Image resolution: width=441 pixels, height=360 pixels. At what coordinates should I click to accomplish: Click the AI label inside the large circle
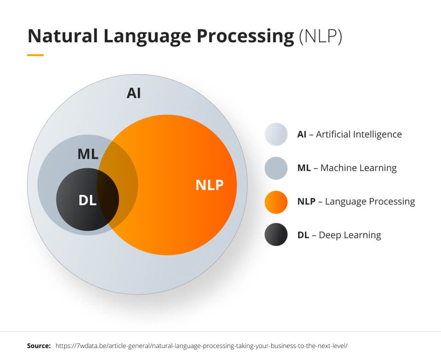click(x=134, y=93)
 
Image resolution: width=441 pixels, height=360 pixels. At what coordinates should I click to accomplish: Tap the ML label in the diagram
click(x=88, y=154)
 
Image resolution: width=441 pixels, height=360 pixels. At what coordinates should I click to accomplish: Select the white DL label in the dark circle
click(x=87, y=200)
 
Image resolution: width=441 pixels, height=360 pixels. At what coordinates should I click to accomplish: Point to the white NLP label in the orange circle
click(x=209, y=185)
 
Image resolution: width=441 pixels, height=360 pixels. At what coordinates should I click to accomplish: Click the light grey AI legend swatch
click(x=276, y=134)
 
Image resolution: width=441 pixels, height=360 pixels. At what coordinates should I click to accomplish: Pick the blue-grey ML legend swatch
click(x=276, y=168)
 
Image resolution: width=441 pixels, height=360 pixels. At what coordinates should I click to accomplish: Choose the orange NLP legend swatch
click(x=276, y=202)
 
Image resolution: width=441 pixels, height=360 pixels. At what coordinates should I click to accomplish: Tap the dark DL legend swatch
click(x=276, y=234)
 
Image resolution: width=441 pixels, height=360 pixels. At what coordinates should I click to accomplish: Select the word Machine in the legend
click(x=335, y=168)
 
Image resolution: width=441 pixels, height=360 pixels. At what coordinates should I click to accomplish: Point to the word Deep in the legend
click(x=328, y=235)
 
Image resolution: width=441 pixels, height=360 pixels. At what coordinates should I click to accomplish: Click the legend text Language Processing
click(x=370, y=202)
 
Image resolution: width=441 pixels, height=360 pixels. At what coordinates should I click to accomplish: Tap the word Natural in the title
click(x=63, y=36)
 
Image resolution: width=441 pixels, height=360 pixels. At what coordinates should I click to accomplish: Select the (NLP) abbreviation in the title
click(x=321, y=37)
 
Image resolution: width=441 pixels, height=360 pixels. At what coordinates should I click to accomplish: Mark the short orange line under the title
click(x=35, y=55)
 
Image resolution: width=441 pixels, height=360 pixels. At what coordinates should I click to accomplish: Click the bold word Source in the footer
click(x=39, y=346)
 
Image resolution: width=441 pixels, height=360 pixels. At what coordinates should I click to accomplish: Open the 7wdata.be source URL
click(x=201, y=346)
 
